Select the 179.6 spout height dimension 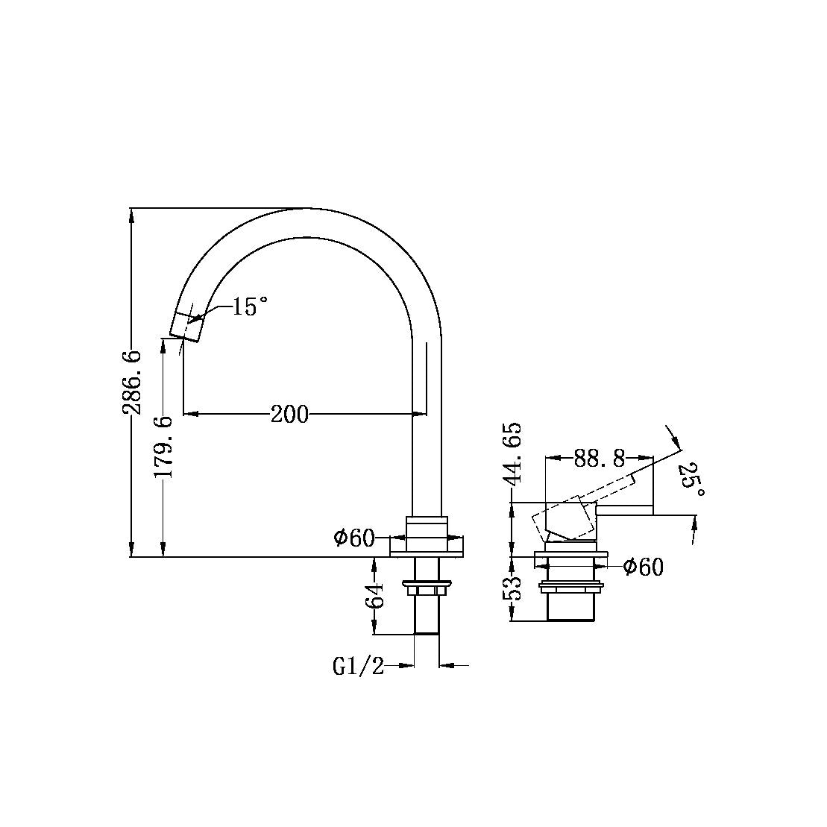tap(164, 447)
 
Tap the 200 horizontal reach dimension tap(289, 414)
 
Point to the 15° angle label tap(249, 306)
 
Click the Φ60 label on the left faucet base tap(354, 538)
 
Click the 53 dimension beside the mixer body tap(514, 588)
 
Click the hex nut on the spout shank tap(427, 591)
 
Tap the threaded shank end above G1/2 tap(427, 619)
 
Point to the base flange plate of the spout tap(427, 547)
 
